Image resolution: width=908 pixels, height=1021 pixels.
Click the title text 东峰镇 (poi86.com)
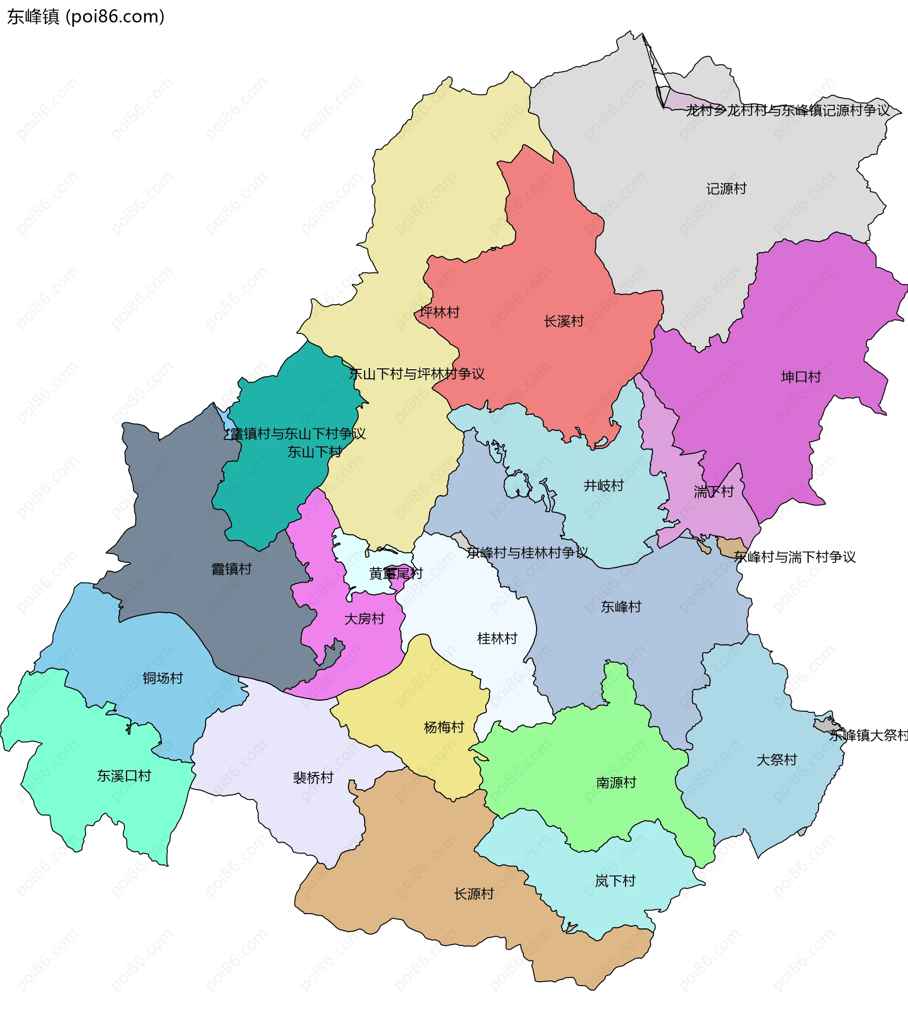pyautogui.click(x=86, y=17)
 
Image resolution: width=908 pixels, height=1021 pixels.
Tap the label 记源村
pyautogui.click(x=726, y=189)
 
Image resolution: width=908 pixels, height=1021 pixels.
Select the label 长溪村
pyautogui.click(x=563, y=321)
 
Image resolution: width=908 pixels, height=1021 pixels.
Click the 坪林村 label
pyautogui.click(x=439, y=313)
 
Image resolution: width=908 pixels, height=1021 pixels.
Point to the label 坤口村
pyautogui.click(x=801, y=377)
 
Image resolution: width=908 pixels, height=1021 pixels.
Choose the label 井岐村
pyautogui.click(x=603, y=486)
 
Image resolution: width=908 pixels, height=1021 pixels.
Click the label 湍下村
pyautogui.click(x=713, y=492)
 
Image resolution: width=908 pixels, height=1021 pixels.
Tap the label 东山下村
pyautogui.click(x=314, y=452)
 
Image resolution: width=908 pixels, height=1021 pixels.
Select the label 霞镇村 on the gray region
pyautogui.click(x=231, y=569)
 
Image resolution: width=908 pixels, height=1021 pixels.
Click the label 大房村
pyautogui.click(x=364, y=619)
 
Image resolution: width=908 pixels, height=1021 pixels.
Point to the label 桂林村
pyautogui.click(x=497, y=638)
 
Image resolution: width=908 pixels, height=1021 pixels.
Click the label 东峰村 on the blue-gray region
pyautogui.click(x=621, y=607)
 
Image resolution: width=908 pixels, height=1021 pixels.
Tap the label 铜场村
pyautogui.click(x=163, y=678)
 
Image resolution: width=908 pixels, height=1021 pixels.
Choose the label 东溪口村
pyautogui.click(x=124, y=776)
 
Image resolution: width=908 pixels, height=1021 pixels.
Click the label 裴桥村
pyautogui.click(x=313, y=778)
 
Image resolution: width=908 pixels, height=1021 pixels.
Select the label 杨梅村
pyautogui.click(x=444, y=727)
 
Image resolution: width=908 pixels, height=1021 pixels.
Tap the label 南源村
pyautogui.click(x=616, y=783)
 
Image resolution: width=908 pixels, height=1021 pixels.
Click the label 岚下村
pyautogui.click(x=615, y=881)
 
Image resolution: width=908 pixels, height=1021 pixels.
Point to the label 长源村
pyautogui.click(x=473, y=894)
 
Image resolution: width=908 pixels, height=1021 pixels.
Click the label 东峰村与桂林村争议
pyautogui.click(x=526, y=553)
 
